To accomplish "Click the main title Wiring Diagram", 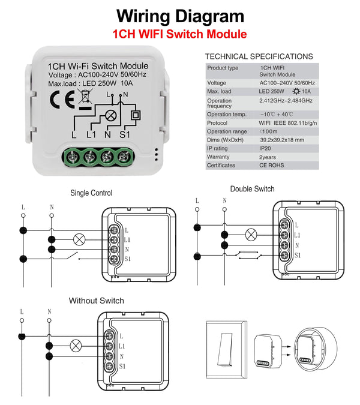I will (x=180, y=16).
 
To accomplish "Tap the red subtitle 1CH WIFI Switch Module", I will (x=180, y=34).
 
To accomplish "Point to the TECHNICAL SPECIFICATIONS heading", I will (x=259, y=56).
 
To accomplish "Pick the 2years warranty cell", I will (x=271, y=157).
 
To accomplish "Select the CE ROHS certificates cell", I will (x=272, y=165).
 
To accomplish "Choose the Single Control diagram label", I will (x=91, y=193).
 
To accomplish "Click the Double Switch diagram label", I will (x=252, y=189).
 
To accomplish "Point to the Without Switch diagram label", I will (x=97, y=300).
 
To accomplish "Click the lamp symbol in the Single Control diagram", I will (x=78, y=239).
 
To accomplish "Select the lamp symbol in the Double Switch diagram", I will (x=252, y=235).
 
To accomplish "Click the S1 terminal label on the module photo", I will (x=125, y=134).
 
